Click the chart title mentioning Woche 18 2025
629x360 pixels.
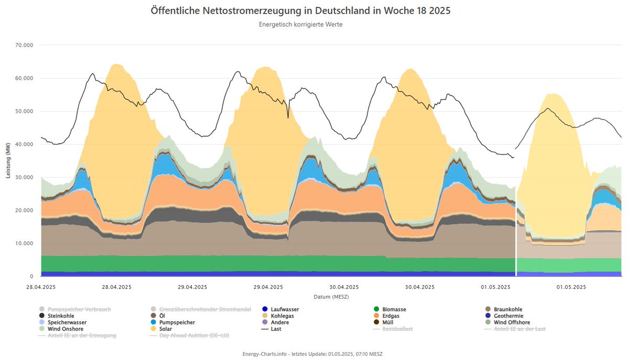[x=300, y=10]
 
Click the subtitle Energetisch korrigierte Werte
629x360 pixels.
[x=300, y=25]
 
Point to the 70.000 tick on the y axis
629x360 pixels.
[x=24, y=45]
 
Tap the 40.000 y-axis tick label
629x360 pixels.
[x=24, y=144]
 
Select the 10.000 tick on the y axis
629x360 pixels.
[x=24, y=243]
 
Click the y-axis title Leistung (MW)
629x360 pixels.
[x=8, y=160]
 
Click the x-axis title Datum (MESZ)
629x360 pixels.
[x=331, y=297]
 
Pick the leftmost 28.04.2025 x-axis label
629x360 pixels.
[x=41, y=287]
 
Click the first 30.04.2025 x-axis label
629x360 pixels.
[x=344, y=287]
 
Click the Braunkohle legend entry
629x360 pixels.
[x=507, y=309]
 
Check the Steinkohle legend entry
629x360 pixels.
[x=60, y=316]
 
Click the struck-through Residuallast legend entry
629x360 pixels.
[x=398, y=329]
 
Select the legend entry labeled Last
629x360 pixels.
[x=276, y=329]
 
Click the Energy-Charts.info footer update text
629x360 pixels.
[x=312, y=354]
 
